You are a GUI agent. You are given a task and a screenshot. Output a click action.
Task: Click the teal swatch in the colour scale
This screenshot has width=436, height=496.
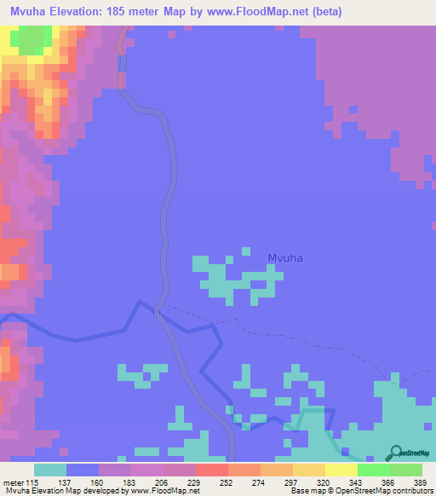50,470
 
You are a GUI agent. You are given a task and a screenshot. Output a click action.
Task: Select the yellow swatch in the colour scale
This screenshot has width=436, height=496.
341,470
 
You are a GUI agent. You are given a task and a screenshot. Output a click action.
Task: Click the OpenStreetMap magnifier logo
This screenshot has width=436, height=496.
397,453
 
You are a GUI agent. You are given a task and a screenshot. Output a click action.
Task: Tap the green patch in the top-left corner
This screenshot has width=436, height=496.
32,40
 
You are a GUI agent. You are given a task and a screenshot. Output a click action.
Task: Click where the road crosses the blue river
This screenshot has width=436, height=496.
158,312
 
